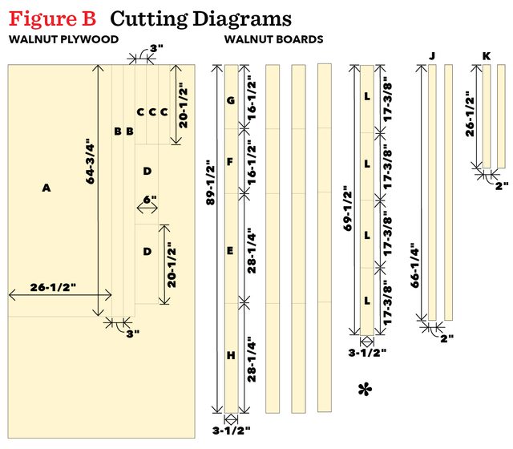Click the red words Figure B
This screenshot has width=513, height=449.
pos(52,19)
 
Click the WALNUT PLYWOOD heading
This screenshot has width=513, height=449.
pos(64,39)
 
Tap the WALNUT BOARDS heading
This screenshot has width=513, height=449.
pos(274,39)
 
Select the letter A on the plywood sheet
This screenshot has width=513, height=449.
pos(46,188)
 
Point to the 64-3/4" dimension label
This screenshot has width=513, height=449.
pos(90,161)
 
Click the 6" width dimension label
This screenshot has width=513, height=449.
pos(150,199)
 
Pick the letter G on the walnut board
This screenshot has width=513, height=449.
pos(231,100)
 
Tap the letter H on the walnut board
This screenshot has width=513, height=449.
pos(231,355)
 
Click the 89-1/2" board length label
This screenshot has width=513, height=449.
pos(211,183)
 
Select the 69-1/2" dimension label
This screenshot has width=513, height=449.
pos(348,208)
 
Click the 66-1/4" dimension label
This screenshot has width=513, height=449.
pos(414,265)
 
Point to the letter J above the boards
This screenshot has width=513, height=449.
pos(432,56)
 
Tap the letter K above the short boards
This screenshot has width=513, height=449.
pos(487,56)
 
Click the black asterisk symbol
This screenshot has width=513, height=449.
pos(365,390)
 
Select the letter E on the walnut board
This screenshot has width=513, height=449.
pos(230,251)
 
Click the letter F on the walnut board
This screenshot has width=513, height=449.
pos(230,161)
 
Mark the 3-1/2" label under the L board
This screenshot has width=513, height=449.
pos(367,353)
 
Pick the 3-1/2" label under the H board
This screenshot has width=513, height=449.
pos(232,431)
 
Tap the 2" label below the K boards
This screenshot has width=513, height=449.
pos(502,186)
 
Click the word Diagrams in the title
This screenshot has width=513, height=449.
pos(241,19)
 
